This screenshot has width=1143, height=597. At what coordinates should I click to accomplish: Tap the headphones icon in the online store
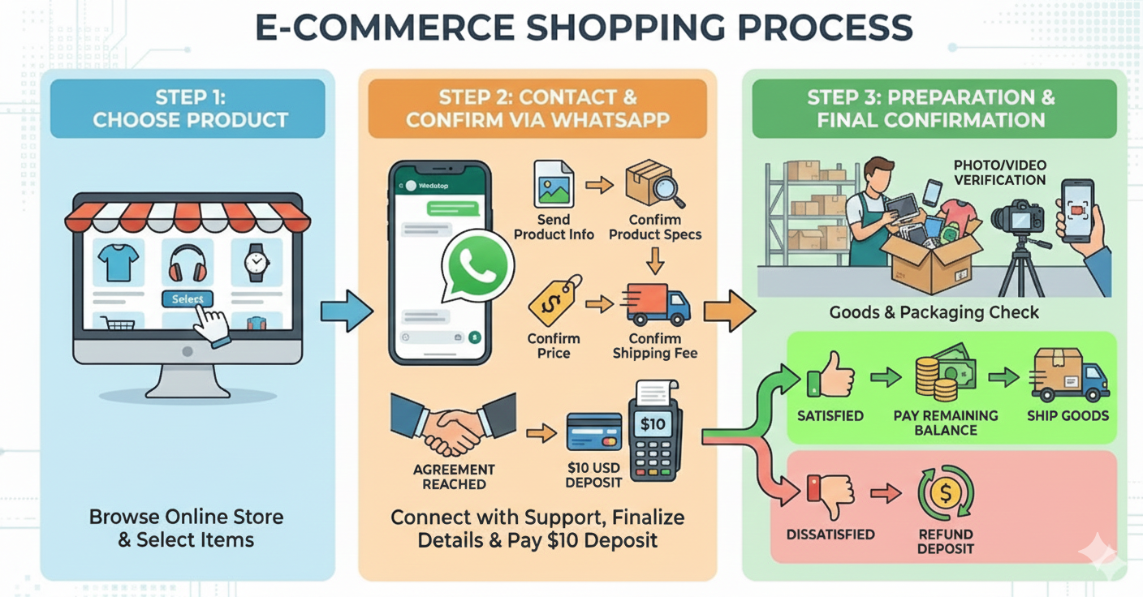188,262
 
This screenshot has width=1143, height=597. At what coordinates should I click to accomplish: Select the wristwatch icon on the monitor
256,262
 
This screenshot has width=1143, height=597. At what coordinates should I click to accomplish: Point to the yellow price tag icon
554,301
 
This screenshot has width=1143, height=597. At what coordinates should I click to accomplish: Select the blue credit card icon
594,432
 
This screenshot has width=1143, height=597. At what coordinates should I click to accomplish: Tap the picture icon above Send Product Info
554,185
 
